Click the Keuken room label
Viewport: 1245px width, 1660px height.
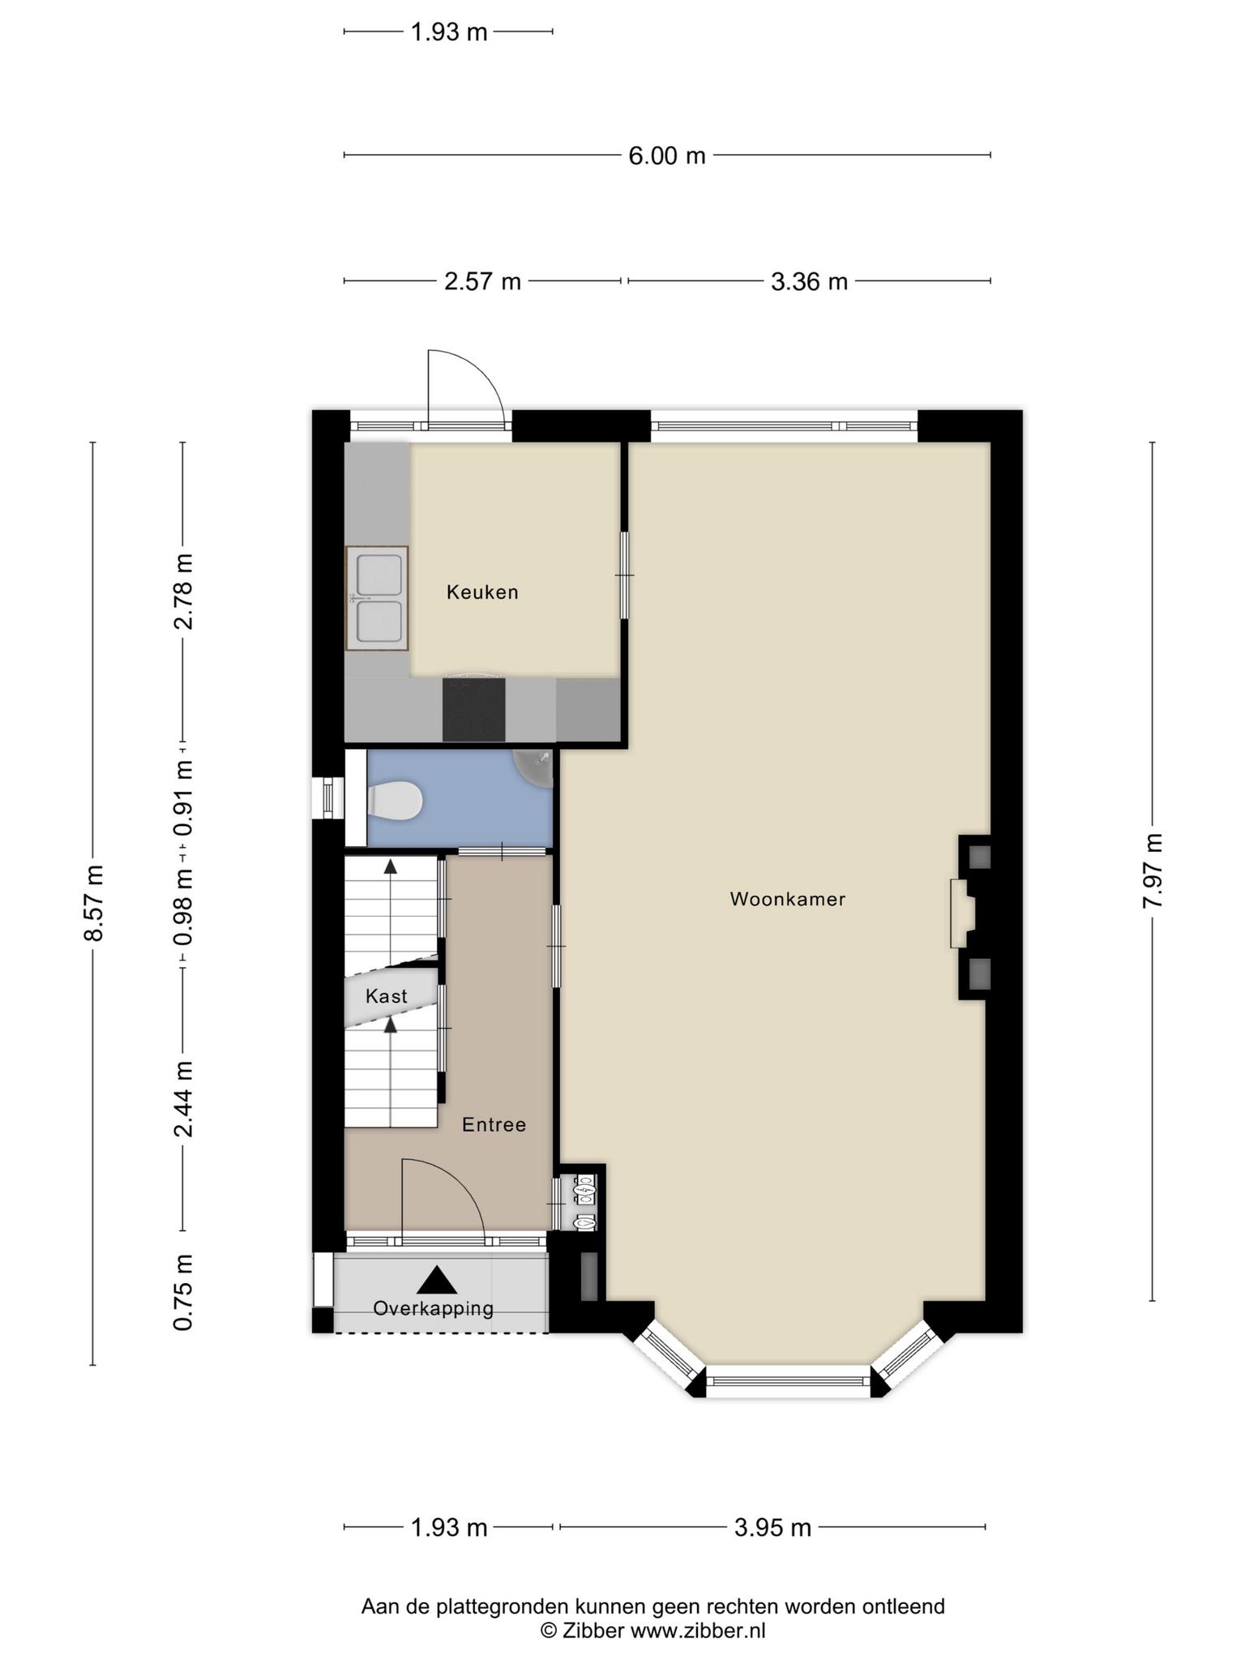tap(482, 593)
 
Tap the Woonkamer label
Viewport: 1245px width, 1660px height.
tap(788, 899)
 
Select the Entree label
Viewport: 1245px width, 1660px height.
tap(494, 1125)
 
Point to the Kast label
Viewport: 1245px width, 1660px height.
tap(387, 996)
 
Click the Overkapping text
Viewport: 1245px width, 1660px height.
tap(434, 1308)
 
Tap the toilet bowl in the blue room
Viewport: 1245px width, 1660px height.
tap(395, 801)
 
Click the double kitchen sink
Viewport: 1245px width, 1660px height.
tap(377, 598)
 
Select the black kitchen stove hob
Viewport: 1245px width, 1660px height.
tap(473, 710)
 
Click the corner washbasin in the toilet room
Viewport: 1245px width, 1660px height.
tap(534, 767)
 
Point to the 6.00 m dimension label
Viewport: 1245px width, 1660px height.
tap(667, 156)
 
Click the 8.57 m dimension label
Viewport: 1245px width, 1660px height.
tap(95, 903)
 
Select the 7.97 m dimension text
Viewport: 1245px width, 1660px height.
tap(1153, 871)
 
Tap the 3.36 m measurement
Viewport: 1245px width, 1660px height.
tap(809, 282)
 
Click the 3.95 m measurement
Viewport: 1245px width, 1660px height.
tap(772, 1528)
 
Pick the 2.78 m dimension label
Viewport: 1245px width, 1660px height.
tap(184, 592)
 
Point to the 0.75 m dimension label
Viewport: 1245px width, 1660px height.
tap(184, 1292)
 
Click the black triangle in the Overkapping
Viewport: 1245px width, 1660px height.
tap(438, 1280)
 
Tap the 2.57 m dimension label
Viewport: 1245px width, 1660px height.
tap(482, 282)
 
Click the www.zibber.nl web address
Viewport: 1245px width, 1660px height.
tap(698, 1630)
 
